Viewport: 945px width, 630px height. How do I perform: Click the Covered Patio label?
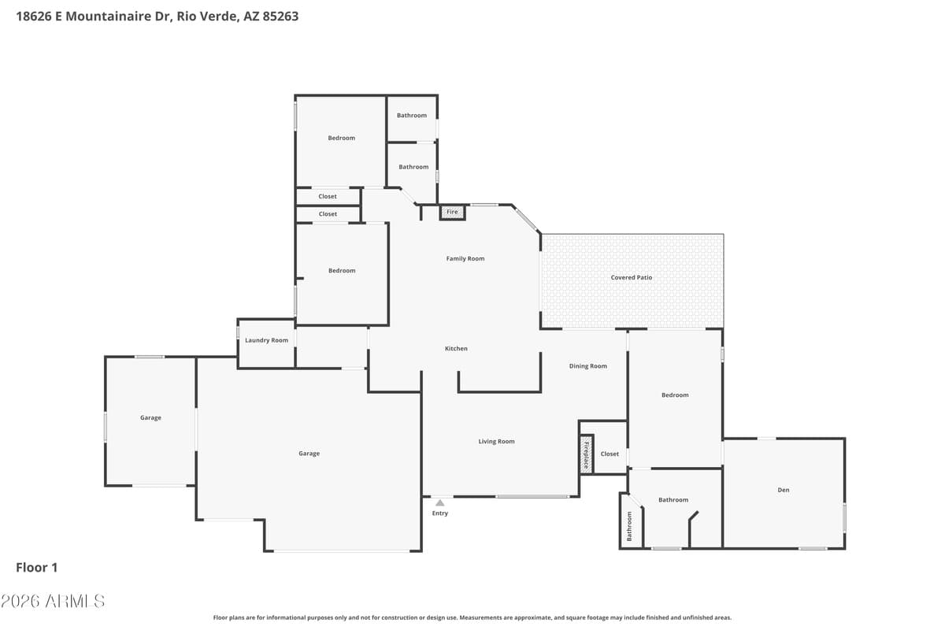point(632,277)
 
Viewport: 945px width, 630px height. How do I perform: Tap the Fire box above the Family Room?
point(452,212)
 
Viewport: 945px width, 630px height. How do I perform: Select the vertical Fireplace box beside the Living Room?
point(586,455)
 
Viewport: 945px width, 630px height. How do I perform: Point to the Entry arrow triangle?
point(439,502)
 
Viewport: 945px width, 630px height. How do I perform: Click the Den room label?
point(783,490)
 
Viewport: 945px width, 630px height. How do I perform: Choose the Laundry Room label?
point(266,340)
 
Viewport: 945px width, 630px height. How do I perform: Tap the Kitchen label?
point(456,348)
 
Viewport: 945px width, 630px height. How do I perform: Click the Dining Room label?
point(588,365)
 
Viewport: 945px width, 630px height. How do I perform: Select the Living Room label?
point(496,441)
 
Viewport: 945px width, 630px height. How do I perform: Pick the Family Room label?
point(465,258)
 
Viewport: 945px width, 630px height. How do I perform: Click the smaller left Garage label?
point(150,417)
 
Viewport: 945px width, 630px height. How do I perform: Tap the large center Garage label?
point(309,453)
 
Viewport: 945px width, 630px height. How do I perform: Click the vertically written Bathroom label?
point(629,526)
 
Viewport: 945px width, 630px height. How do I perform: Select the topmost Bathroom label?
point(412,115)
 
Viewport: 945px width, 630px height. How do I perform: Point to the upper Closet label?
point(328,196)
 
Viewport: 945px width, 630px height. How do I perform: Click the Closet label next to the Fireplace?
point(610,454)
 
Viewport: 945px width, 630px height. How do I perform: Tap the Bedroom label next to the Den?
point(675,395)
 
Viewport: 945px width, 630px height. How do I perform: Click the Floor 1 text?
point(37,567)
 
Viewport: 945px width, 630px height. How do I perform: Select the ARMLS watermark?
point(53,601)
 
